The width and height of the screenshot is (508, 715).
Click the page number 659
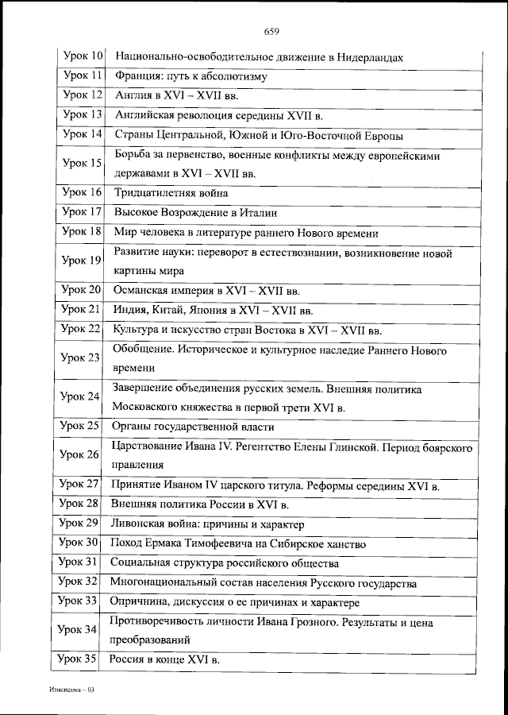coord(271,32)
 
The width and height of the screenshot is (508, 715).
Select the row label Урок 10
coord(83,57)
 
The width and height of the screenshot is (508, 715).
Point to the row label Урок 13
coord(83,114)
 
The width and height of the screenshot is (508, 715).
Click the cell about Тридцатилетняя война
coord(171,193)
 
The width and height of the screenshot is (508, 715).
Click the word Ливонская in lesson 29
coord(140,524)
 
